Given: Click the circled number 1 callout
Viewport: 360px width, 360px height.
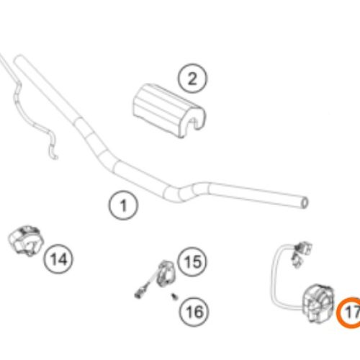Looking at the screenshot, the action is point(123,205).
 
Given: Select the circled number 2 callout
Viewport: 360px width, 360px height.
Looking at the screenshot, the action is point(192,78).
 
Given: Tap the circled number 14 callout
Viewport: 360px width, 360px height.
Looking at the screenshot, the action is point(58,259).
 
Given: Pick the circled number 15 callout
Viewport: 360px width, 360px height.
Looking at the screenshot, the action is point(192,261).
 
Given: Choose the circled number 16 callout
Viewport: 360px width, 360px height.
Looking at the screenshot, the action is point(194,312).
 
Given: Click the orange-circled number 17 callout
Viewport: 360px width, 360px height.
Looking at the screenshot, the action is point(349,312).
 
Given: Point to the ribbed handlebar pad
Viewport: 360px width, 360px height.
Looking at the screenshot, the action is point(169,110).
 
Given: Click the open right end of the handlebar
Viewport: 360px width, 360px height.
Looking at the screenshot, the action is point(305,203).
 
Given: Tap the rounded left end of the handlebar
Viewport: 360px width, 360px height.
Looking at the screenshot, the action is point(19,59).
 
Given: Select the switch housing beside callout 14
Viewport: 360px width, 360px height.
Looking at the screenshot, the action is point(26,240).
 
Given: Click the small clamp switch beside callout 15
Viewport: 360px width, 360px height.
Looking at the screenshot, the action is point(166,274).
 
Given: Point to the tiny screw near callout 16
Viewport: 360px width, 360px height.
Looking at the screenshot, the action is point(175,297).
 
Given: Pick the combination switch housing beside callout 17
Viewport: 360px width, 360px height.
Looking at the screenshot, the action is point(318,303).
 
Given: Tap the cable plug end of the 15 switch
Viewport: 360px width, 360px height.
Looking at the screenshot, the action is point(139,294).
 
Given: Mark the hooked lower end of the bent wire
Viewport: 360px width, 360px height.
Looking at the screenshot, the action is point(54,156).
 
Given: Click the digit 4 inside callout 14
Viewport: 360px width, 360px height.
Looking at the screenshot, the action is point(63,259).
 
